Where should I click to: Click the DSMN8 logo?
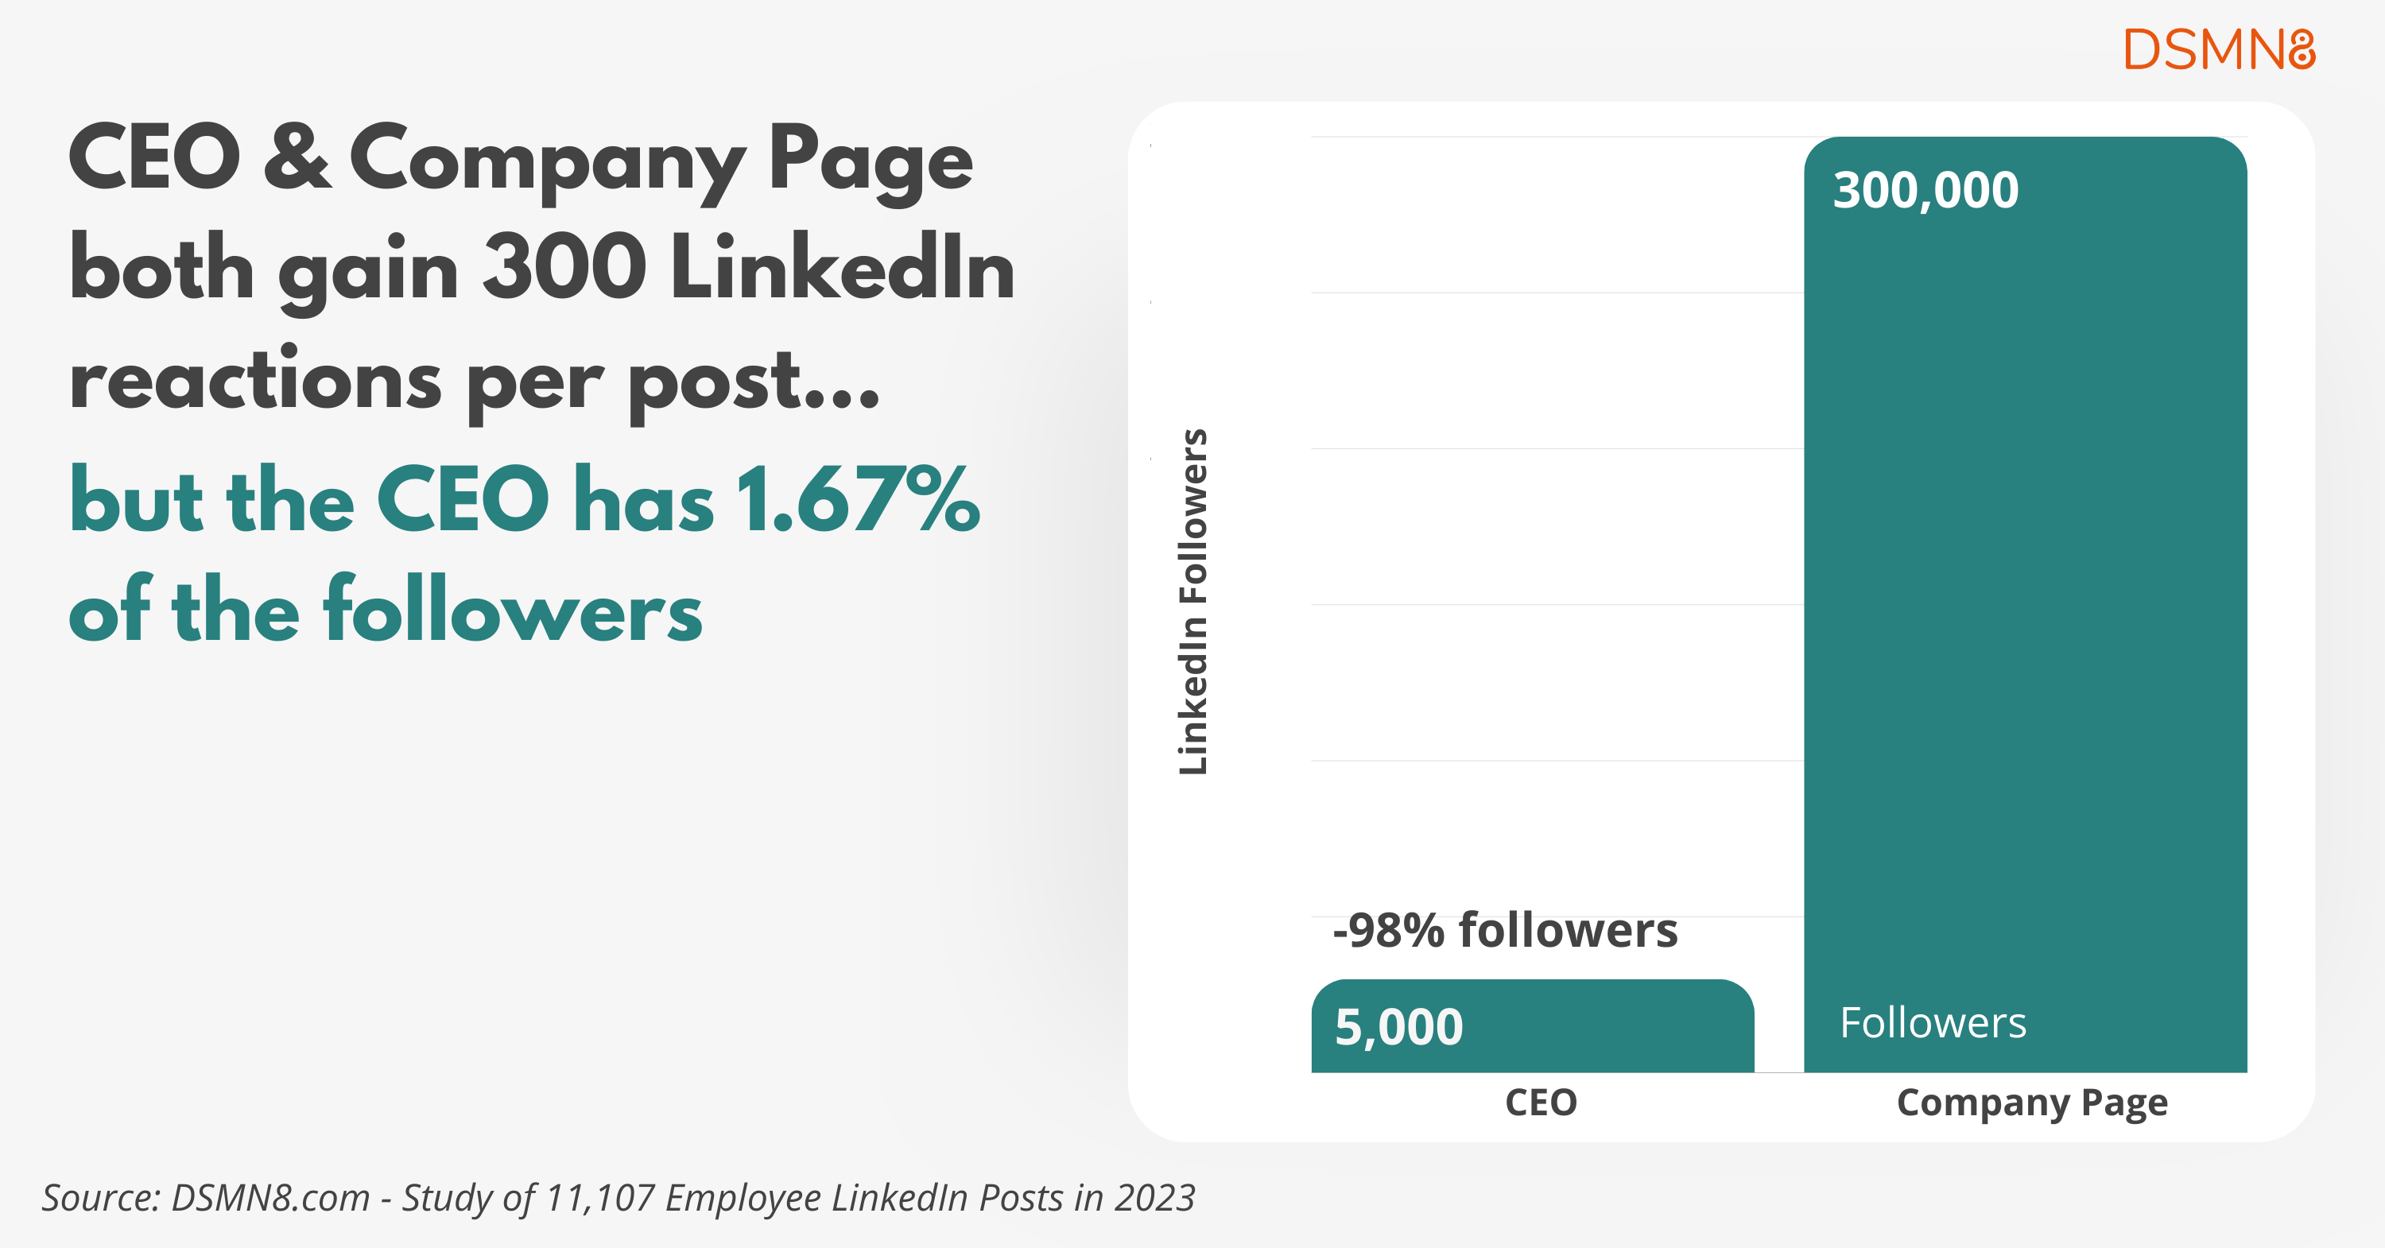[x=2218, y=49]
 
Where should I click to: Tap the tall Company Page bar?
[x=2025, y=602]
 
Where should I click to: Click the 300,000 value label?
[x=1925, y=191]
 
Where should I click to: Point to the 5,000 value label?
[x=1398, y=1028]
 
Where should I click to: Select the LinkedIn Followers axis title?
[x=1193, y=602]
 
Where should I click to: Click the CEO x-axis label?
[x=1541, y=1103]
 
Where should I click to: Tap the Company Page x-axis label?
[x=2031, y=1103]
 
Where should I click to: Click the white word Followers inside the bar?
[x=1933, y=1023]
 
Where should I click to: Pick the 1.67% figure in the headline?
[x=857, y=501]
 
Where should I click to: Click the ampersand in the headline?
[x=297, y=157]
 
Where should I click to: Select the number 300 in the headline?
[x=564, y=269]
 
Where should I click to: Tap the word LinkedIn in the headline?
[x=843, y=269]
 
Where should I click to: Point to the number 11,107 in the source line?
[x=599, y=1198]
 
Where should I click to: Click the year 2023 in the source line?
[x=1154, y=1198]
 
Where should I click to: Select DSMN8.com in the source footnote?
[x=270, y=1198]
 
